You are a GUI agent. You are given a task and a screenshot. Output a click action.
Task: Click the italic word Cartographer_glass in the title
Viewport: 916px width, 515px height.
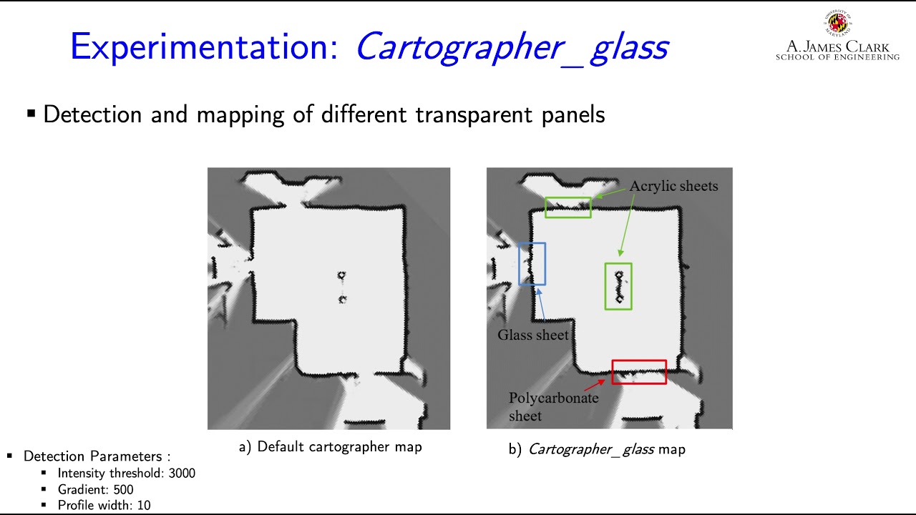512,47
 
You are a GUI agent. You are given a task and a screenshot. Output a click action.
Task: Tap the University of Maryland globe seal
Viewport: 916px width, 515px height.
837,22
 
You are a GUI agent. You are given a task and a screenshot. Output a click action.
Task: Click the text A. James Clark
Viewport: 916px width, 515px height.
837,46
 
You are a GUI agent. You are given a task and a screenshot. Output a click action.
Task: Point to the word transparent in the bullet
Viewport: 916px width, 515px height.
474,114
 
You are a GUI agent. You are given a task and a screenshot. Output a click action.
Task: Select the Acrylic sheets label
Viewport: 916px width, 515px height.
673,186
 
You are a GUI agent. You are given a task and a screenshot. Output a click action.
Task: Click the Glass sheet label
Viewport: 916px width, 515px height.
533,335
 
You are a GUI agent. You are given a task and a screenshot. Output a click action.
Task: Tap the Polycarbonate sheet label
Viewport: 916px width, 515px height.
553,407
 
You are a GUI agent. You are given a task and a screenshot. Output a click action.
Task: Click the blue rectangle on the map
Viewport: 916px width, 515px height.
519,264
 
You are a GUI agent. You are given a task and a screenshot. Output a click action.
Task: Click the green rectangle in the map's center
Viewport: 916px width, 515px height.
605,286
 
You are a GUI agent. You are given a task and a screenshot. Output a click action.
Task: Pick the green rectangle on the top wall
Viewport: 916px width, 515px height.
568,198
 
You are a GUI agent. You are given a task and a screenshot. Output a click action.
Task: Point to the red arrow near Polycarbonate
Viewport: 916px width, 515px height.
595,385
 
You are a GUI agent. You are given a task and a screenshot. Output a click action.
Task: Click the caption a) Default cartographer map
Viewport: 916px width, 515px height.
331,447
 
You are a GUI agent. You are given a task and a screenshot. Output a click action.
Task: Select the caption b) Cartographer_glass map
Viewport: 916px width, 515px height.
597,449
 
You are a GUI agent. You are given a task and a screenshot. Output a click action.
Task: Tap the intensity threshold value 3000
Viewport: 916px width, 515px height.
182,474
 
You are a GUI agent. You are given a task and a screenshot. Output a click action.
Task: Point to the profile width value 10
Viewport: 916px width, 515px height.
144,506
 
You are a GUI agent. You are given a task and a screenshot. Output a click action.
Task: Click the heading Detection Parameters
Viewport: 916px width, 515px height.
97,456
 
